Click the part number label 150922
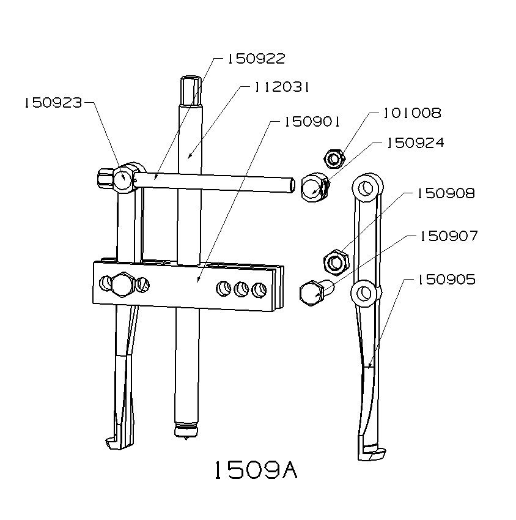tap(256, 59)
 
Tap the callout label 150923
tap(53, 103)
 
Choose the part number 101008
tap(412, 113)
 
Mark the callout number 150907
tap(448, 236)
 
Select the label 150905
tap(446, 280)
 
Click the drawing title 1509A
tap(255, 470)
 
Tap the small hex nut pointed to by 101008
tap(334, 159)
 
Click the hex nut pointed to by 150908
tap(335, 262)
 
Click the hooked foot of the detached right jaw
tap(370, 453)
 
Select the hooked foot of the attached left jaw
tap(116, 440)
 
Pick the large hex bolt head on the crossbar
tap(123, 284)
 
